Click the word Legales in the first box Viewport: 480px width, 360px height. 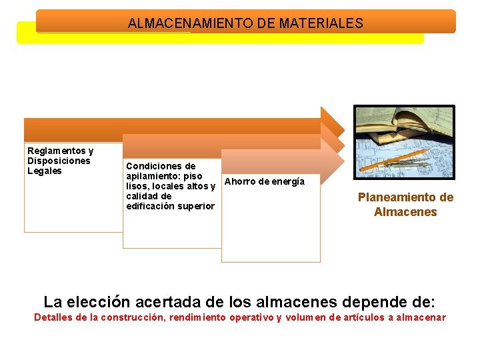(44, 171)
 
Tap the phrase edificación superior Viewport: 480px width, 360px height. (170, 206)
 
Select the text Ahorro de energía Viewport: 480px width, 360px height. (265, 181)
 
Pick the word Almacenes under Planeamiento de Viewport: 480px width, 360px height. (405, 212)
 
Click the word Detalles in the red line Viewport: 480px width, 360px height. (53, 317)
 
